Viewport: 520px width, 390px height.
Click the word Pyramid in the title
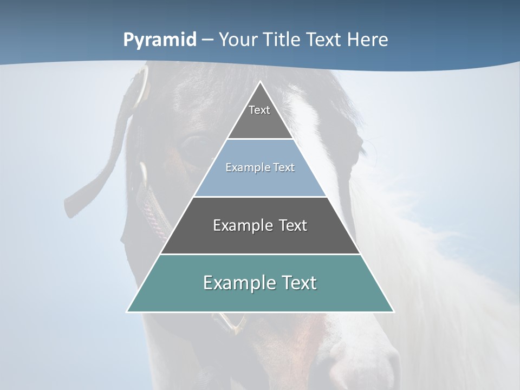(x=159, y=40)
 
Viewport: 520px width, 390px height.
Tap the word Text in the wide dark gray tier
(x=293, y=225)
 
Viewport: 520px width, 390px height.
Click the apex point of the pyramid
(x=260, y=82)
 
